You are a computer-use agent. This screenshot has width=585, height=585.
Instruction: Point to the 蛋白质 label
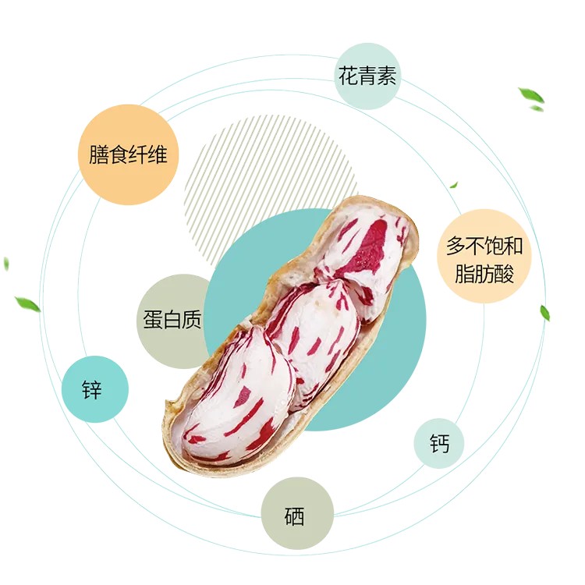pyautogui.click(x=172, y=320)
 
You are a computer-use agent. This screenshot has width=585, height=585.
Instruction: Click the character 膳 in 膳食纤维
pyautogui.click(x=99, y=154)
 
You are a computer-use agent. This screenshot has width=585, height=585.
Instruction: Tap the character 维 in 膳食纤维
pyautogui.click(x=158, y=154)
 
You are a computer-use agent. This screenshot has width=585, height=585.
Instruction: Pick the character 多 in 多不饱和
pyautogui.click(x=456, y=247)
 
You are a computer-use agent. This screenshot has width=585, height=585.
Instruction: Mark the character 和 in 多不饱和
pyautogui.click(x=513, y=247)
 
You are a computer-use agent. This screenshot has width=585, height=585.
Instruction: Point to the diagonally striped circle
pyautogui.click(x=257, y=172)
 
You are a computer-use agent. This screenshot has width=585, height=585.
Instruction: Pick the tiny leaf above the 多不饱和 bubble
pyautogui.click(x=453, y=185)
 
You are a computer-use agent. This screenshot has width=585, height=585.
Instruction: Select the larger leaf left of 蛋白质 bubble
pyautogui.click(x=27, y=303)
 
